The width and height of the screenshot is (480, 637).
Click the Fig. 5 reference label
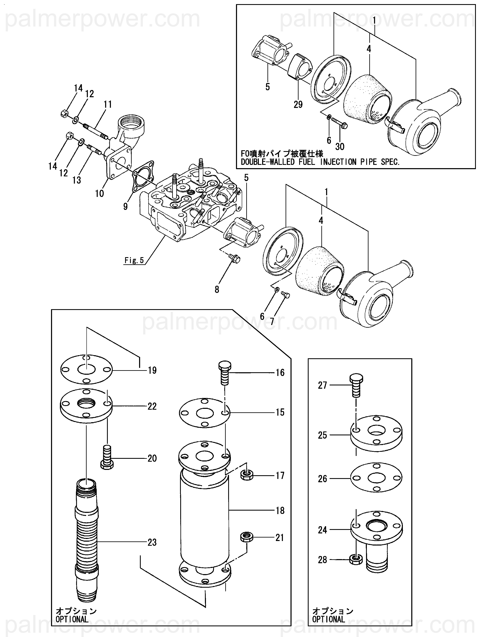pos(134,260)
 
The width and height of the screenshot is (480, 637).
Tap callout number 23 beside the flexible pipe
pos(152,542)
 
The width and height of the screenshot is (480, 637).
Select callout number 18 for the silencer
pos(280,511)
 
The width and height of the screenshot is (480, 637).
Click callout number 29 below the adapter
pos(298,104)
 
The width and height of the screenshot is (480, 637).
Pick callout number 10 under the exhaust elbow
pos(99,193)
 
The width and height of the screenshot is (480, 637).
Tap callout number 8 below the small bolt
pos(217,289)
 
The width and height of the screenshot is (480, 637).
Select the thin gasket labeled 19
pos(86,369)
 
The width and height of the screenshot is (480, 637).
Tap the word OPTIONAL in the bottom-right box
pos(329,619)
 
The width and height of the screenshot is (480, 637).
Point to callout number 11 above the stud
pos(108,104)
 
